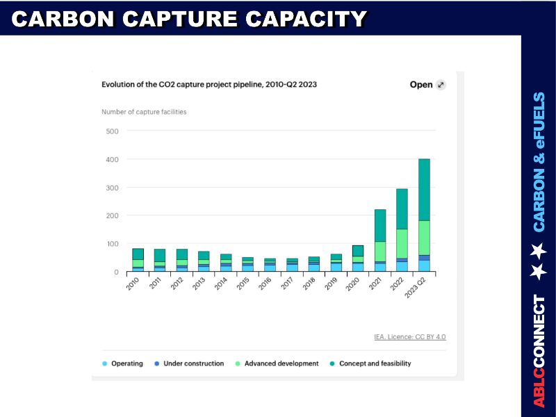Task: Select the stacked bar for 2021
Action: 379,240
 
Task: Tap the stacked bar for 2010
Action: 138,260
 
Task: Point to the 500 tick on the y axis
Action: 112,131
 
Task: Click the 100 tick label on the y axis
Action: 112,244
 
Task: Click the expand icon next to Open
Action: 440,85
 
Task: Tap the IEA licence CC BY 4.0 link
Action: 410,337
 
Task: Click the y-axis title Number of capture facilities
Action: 144,112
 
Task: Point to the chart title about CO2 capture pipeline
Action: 209,85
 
